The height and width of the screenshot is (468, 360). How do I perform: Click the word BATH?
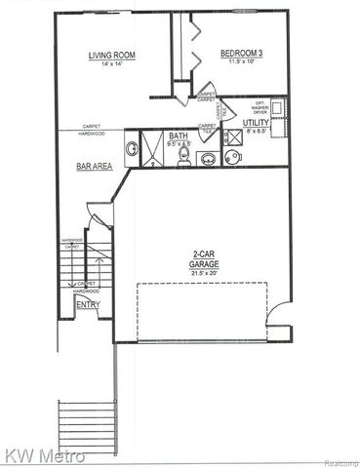178,136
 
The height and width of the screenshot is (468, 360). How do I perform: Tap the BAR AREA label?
94,167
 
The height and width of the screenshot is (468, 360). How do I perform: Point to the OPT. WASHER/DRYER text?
260,108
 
